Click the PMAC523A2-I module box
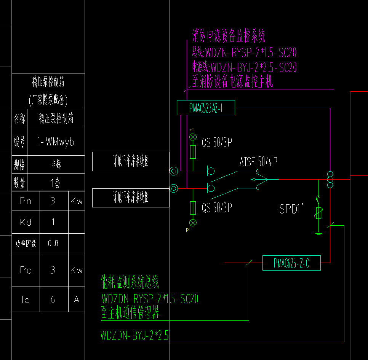(206, 108)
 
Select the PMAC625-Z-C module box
(291, 263)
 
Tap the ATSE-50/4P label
(258, 162)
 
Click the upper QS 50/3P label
(217, 143)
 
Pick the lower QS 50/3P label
(217, 208)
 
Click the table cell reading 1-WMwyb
(56, 142)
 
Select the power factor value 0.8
(53, 244)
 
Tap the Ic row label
(26, 300)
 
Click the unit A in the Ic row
(77, 300)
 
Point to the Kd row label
(26, 222)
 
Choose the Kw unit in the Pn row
(77, 201)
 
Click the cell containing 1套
(56, 183)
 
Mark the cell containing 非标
(56, 164)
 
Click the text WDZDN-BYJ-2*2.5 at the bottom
(134, 336)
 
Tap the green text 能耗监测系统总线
(130, 283)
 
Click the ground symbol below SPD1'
(319, 232)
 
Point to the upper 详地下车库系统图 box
(131, 161)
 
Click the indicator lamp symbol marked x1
(193, 137)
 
